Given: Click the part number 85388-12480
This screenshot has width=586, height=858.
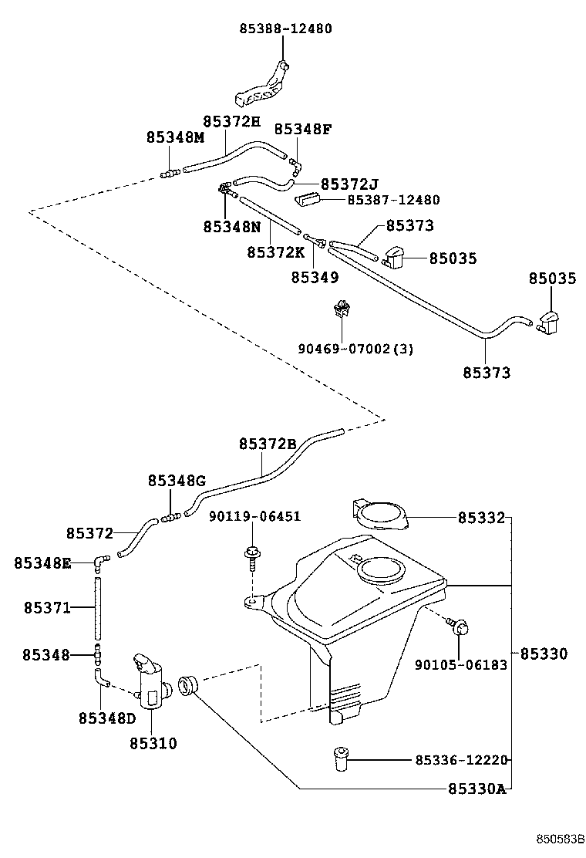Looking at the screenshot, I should click(x=285, y=29).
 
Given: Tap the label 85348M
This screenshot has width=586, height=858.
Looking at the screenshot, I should click(x=175, y=137).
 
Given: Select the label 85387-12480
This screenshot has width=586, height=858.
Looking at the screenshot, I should click(x=393, y=200).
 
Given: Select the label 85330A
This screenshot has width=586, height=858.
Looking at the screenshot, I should click(x=477, y=789).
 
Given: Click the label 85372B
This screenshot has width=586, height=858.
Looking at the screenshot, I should click(x=268, y=444).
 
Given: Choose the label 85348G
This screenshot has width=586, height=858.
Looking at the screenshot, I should click(x=177, y=481).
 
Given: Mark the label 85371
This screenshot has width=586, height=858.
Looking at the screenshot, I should click(x=46, y=609).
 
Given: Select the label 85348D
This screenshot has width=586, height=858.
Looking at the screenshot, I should click(x=106, y=718).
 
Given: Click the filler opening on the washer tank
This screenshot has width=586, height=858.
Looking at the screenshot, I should click(x=380, y=572).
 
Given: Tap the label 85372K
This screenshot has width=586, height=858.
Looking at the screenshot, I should click(x=276, y=252).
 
